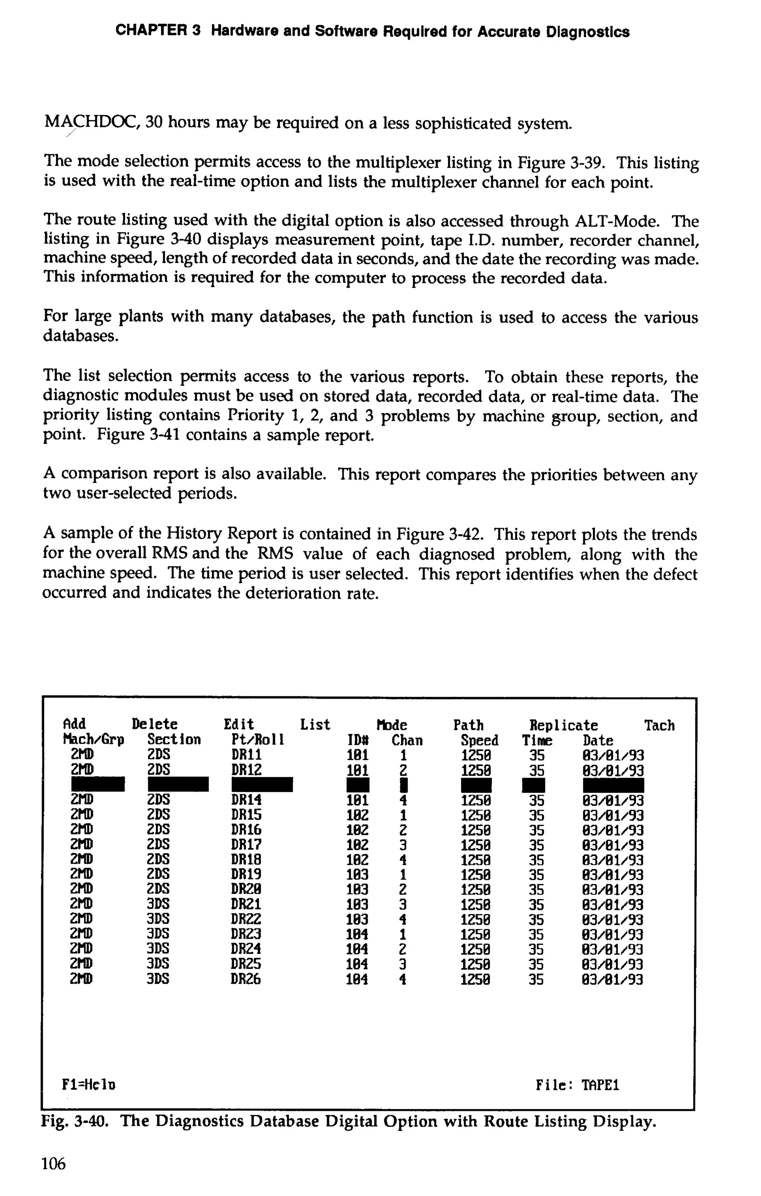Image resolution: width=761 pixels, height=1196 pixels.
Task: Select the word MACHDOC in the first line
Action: pos(93,123)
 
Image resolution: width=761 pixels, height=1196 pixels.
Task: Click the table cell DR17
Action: pos(246,844)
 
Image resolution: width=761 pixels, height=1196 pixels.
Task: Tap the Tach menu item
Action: pos(659,725)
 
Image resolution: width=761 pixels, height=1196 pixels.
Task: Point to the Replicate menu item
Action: pos(563,725)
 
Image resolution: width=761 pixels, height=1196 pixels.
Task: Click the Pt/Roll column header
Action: pos(253,740)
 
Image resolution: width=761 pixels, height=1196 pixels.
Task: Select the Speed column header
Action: pos(479,741)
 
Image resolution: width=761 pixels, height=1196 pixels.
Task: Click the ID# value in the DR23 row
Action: pos(357,934)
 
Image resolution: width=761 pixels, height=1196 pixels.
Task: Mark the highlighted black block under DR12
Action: pos(262,785)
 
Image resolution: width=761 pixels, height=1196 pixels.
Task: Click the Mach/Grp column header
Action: pos(93,740)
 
